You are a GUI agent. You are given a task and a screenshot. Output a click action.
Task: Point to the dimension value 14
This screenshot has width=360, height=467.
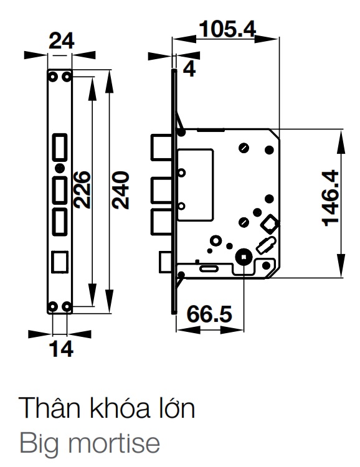[x=61, y=349]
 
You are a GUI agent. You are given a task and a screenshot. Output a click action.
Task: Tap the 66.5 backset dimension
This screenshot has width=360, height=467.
[x=206, y=313]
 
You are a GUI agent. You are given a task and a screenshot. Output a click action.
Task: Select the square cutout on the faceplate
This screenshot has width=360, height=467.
[x=60, y=260]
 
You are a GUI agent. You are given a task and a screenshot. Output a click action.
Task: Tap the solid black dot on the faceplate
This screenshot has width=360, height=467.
[x=59, y=168]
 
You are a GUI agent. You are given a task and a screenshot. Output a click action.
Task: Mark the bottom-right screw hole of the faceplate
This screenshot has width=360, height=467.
[x=67, y=306]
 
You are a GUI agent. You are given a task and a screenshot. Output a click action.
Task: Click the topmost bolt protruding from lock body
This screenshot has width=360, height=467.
[x=161, y=148]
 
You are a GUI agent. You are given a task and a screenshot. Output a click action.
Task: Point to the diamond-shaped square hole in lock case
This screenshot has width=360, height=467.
[x=270, y=222]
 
